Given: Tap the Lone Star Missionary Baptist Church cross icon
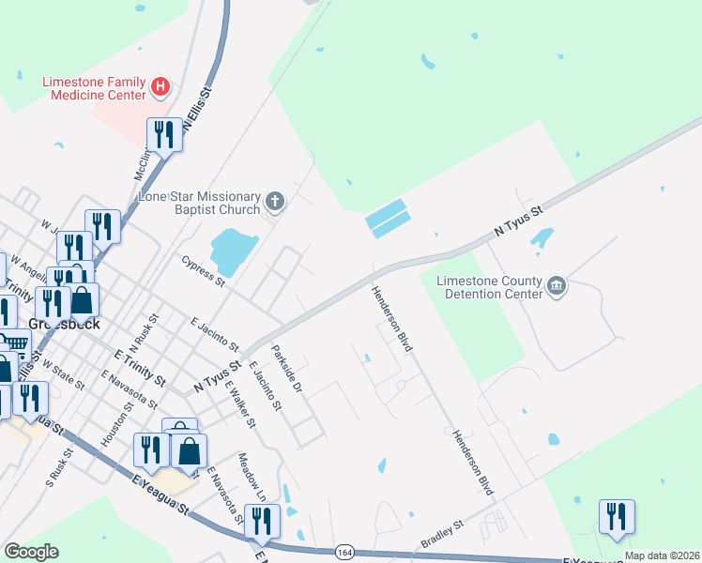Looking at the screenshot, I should (x=274, y=202).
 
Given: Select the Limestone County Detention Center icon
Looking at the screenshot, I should (x=556, y=286).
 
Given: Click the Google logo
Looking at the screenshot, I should (x=31, y=552).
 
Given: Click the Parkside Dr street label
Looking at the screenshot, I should (x=287, y=369).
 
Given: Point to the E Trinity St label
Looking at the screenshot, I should (x=139, y=369).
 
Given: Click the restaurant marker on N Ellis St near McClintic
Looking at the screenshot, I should (x=164, y=136).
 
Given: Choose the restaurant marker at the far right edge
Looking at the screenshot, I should (x=617, y=518).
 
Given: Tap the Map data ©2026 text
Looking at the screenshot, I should (x=662, y=555).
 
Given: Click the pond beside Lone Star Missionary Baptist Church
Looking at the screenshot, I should (x=231, y=249).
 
